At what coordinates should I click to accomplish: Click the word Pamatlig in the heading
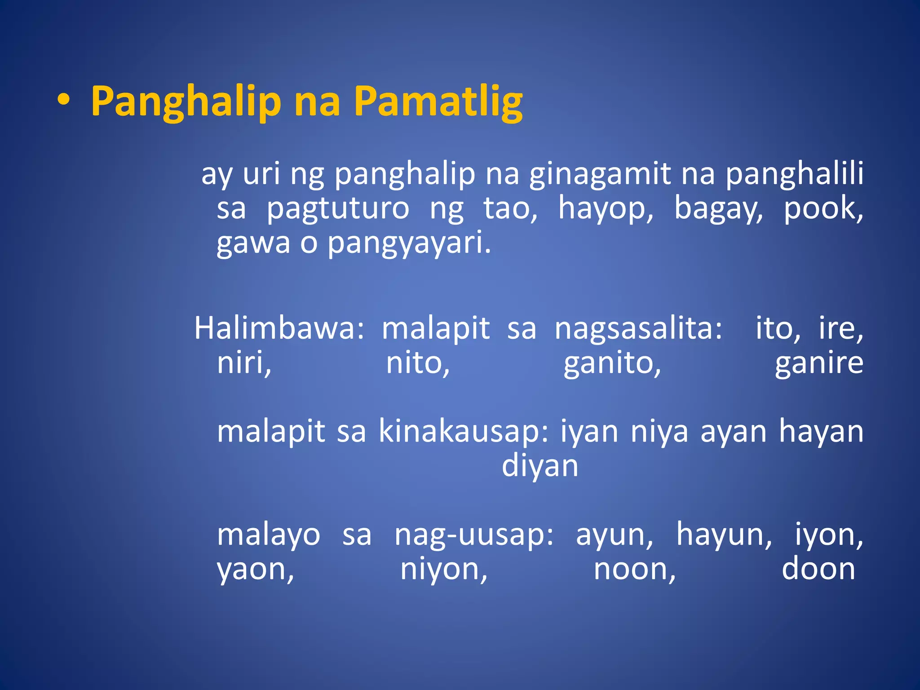438,102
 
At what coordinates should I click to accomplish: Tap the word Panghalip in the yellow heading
186,102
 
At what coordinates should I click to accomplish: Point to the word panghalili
794,174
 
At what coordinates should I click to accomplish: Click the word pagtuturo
338,209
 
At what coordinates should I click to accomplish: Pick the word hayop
605,209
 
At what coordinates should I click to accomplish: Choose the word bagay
718,209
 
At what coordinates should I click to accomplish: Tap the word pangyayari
409,243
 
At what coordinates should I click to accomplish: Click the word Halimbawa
279,328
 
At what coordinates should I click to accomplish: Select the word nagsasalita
638,328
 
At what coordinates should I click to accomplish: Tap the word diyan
540,466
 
